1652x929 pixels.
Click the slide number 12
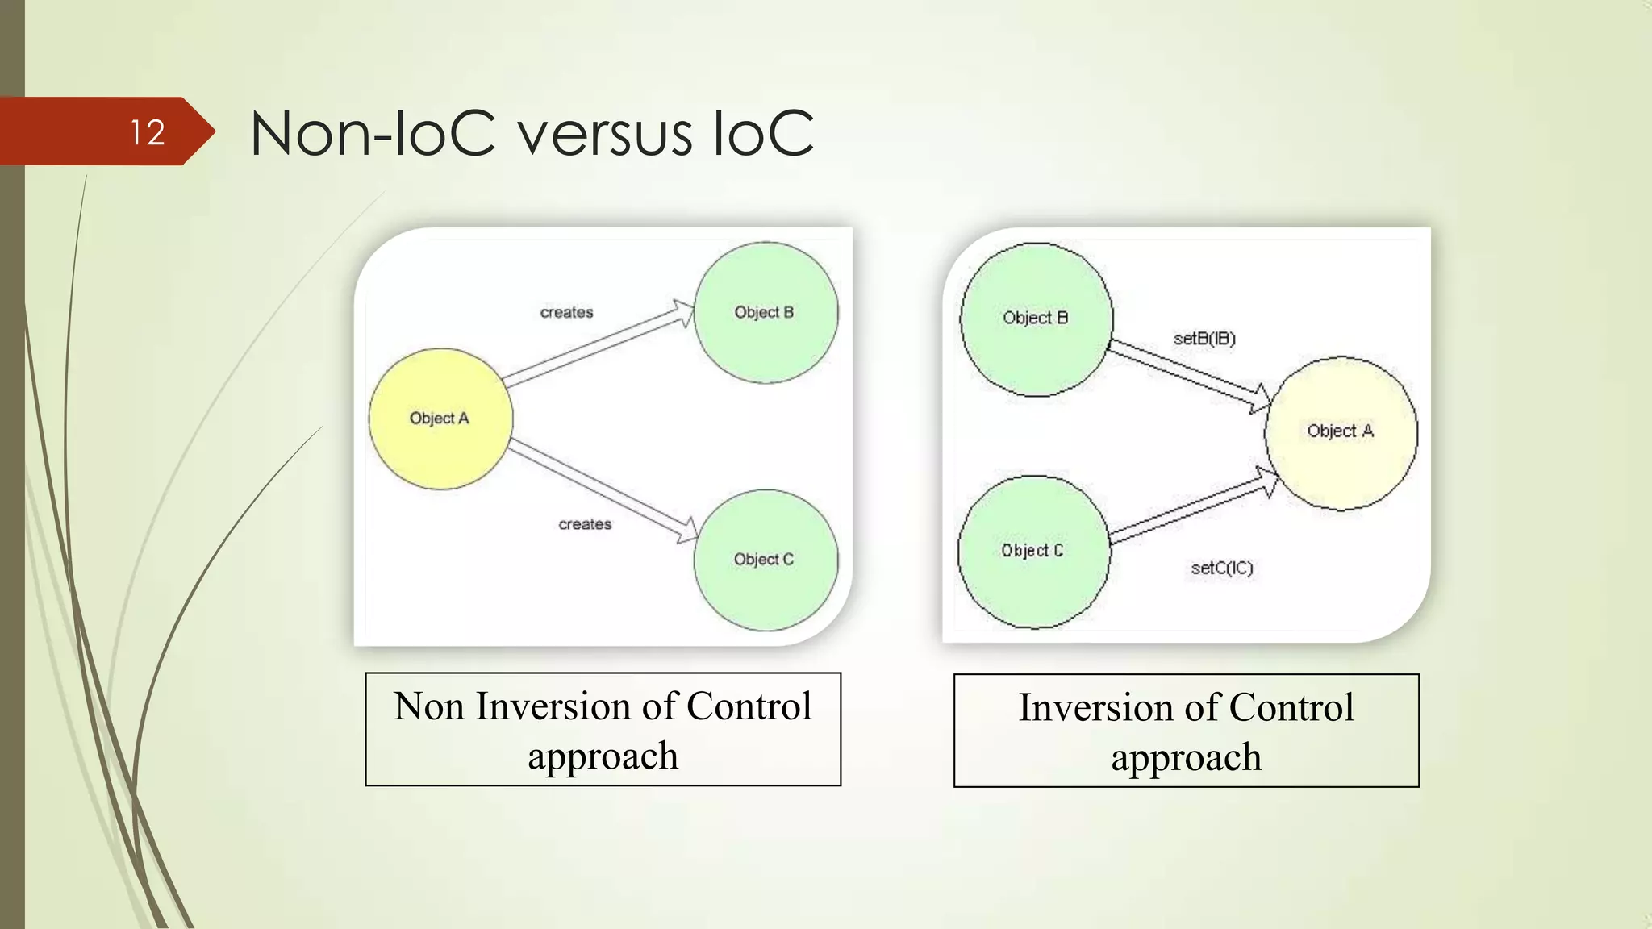(148, 132)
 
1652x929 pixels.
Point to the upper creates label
(566, 312)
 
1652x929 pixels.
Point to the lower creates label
(585, 524)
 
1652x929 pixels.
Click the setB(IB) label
(1204, 339)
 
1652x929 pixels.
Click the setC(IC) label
(1222, 569)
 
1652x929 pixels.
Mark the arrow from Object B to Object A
(1186, 371)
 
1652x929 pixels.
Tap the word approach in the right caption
(1186, 758)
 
